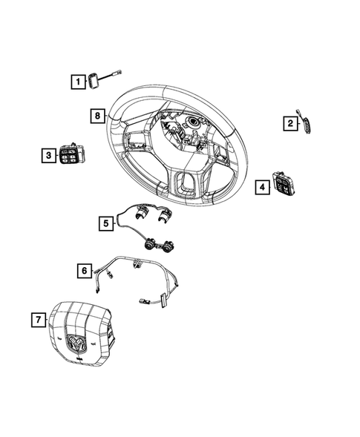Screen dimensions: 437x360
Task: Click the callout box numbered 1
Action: click(x=77, y=82)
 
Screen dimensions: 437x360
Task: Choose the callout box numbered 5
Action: click(x=105, y=222)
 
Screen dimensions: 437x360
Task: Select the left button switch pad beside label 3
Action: click(x=72, y=156)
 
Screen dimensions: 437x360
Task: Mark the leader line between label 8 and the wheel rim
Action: click(x=107, y=116)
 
